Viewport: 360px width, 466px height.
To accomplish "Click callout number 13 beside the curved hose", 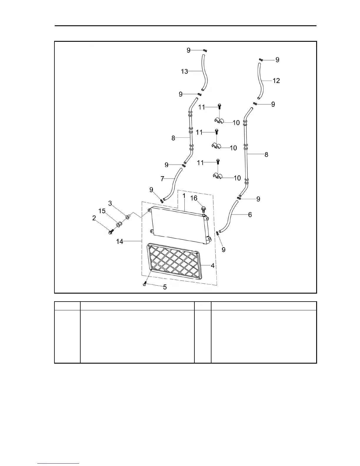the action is tap(184, 71).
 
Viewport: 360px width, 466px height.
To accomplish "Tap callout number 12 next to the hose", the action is tap(276, 81).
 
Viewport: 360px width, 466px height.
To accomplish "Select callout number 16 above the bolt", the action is tap(194, 198).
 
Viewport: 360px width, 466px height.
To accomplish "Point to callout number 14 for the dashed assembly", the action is tap(120, 242).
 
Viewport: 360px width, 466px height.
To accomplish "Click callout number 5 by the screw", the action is tap(165, 287).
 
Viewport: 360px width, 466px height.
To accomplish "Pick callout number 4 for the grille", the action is tap(213, 266).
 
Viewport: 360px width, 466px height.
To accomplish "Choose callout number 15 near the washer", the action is tap(102, 211).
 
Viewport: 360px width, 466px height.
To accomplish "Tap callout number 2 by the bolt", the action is tap(94, 218).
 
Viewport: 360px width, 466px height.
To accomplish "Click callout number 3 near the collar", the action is tap(110, 203).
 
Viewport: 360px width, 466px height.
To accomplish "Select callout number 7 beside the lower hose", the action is tap(162, 179).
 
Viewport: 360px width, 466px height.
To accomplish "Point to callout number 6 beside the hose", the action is tap(250, 215).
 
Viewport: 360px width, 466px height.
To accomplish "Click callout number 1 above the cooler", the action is tap(184, 196).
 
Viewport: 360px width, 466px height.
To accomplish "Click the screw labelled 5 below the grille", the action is tap(144, 284).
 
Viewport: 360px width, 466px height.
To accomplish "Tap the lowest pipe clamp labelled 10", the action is tap(218, 177).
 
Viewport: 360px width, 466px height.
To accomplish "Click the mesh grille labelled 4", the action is tap(175, 261).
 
